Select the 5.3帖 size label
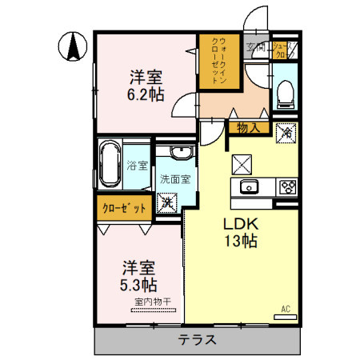point(138,283)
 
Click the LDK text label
point(240,224)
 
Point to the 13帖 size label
point(240,241)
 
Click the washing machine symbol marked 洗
point(167,202)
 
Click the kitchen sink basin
point(248,188)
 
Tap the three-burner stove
point(286,188)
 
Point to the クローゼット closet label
point(124,209)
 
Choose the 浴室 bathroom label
point(137,166)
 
